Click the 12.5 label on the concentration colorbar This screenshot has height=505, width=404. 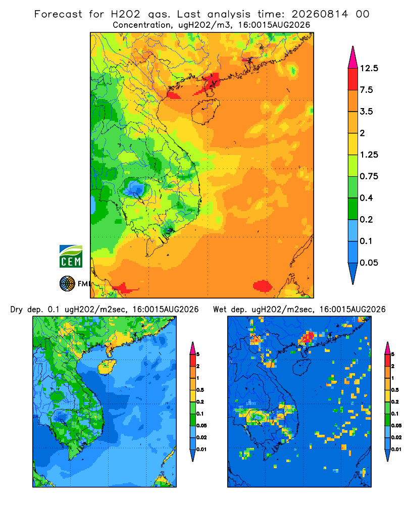369,68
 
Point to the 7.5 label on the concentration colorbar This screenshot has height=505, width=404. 366,90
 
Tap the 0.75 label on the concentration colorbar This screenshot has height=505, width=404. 369,176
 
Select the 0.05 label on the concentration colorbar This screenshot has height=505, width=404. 369,263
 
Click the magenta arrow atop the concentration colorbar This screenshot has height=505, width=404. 353,58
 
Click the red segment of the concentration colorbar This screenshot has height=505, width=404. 353,79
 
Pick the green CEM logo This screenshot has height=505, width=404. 71,257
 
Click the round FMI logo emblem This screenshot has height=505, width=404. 67,284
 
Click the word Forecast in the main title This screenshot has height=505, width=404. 58,14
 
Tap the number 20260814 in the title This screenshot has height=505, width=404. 320,14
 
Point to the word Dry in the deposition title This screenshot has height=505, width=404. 17,310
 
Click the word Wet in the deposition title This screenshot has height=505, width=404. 220,310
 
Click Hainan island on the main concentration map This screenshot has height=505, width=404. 206,112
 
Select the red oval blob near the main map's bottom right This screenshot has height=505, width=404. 263,286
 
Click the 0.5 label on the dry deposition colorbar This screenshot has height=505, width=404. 200,390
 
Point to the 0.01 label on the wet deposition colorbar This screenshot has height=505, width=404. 396,449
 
